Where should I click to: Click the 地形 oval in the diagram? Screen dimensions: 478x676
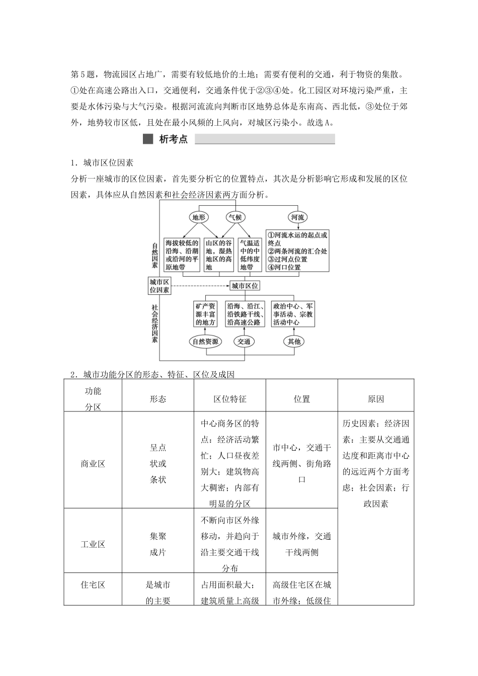tap(199, 217)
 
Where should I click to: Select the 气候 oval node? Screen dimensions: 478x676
tap(235, 217)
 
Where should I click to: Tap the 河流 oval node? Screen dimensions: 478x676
tap(297, 217)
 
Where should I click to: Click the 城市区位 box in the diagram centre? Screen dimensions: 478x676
tap(245, 286)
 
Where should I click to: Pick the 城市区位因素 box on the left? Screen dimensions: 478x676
tap(160, 286)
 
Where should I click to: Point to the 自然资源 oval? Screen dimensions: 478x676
tap(205, 342)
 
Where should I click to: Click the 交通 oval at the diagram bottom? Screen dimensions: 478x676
tap(245, 342)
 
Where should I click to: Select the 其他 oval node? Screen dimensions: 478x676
tap(294, 342)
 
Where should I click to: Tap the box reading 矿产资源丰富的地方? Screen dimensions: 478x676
tap(205, 314)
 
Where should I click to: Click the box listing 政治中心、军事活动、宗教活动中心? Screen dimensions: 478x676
tap(293, 314)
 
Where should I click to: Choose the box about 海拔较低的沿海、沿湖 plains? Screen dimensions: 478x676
tap(182, 255)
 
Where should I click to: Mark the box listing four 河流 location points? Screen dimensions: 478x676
tap(297, 250)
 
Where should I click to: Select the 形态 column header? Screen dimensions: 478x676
tap(158, 399)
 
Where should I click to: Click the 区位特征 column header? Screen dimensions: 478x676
tap(230, 399)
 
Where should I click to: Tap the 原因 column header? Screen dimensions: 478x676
tap(376, 399)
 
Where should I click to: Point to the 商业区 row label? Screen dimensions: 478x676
tap(93, 464)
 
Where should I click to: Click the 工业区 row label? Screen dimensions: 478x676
tap(93, 544)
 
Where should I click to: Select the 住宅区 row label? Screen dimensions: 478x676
tap(93, 584)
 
